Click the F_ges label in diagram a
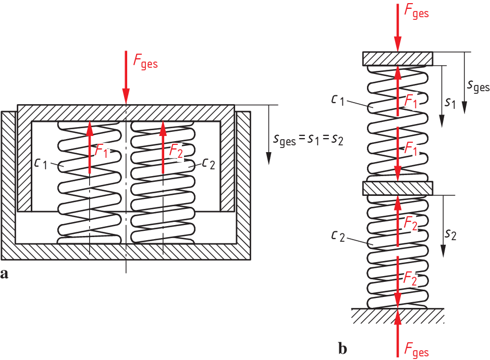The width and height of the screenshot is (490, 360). (145, 63)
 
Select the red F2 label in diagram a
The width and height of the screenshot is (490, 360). (177, 150)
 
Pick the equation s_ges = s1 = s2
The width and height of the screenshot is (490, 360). (308, 139)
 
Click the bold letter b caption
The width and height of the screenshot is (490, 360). (342, 346)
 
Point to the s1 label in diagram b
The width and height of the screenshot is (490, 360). (450, 103)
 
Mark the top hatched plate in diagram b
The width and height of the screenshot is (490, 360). (398, 58)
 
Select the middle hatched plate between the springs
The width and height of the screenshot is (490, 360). (398, 187)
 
